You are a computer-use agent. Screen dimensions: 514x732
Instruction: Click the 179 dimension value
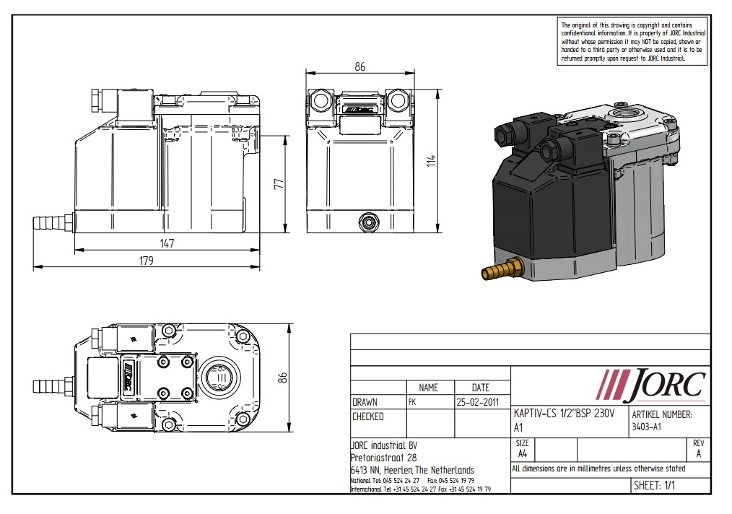point(147,261)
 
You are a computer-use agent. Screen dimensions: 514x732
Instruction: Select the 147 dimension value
point(167,243)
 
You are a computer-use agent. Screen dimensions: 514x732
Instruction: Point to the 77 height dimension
point(278,185)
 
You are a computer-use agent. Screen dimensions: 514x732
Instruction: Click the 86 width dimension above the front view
point(360,66)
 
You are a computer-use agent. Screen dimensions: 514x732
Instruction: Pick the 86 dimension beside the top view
point(283,377)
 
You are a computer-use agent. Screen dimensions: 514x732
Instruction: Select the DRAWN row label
point(365,401)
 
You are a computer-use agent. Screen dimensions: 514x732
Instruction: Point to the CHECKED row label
point(368,417)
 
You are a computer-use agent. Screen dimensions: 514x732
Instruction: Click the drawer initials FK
point(412,401)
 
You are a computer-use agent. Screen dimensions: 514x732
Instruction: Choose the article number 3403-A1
point(647,427)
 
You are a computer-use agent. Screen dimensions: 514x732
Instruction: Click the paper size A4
point(523,453)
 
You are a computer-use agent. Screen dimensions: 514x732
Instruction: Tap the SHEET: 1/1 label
point(655,486)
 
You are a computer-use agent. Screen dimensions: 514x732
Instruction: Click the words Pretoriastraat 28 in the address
point(383,458)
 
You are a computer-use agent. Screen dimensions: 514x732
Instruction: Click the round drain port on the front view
point(370,219)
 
